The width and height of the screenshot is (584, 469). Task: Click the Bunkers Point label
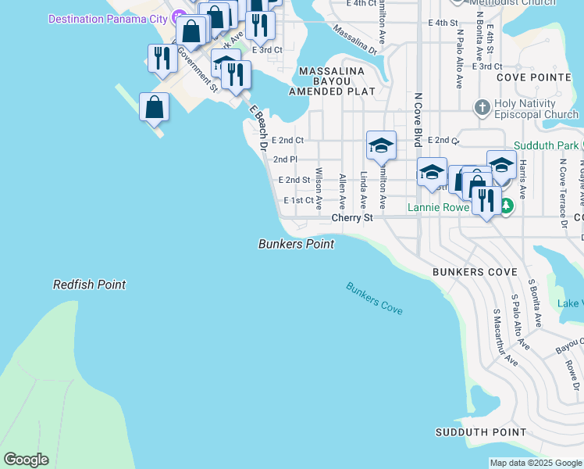[x=296, y=244]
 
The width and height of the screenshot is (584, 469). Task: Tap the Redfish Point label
[x=89, y=285]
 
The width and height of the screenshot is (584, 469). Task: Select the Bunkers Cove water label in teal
[x=375, y=299]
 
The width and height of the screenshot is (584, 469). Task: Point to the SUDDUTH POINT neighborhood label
[x=481, y=432]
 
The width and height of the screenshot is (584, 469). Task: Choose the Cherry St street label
[x=352, y=218]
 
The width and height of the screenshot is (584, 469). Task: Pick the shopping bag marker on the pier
[x=155, y=107]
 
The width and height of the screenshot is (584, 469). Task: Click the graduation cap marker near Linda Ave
[x=381, y=145]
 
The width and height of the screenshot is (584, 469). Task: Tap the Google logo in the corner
[x=26, y=460]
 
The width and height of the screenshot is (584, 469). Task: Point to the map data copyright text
[x=536, y=463]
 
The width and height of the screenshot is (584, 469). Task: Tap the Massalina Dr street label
[x=354, y=39]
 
